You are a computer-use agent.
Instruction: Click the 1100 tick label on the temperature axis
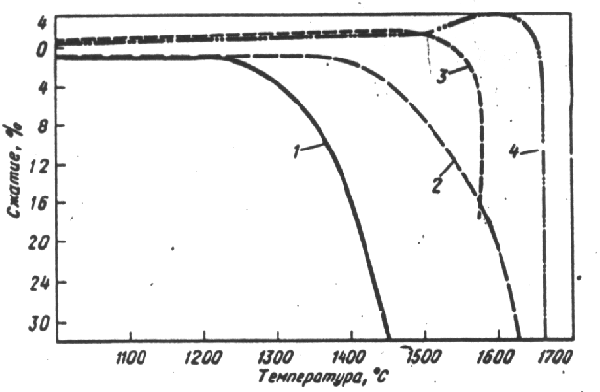tap(128, 361)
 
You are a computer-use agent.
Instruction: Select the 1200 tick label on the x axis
tap(202, 361)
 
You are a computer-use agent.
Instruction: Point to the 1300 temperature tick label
tap(277, 361)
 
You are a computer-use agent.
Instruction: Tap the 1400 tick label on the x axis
tap(348, 361)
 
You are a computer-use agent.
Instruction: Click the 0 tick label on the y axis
tap(42, 52)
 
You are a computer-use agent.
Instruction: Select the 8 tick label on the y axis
tap(42, 126)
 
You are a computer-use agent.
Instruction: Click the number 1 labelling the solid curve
tap(298, 150)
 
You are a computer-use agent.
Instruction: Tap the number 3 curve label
tap(442, 76)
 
